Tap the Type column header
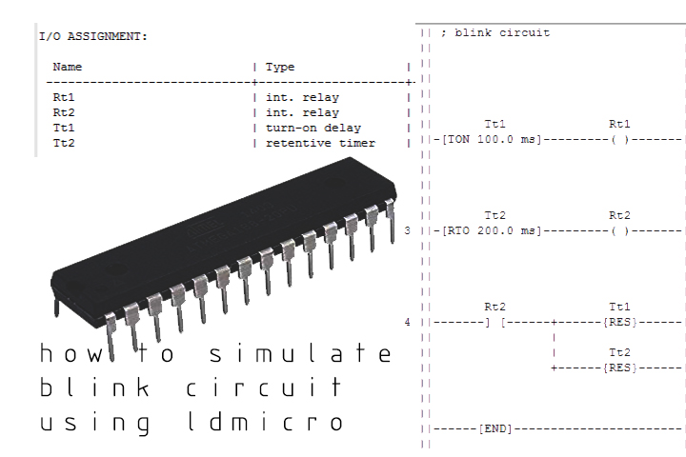(x=280, y=67)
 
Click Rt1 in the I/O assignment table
(x=63, y=97)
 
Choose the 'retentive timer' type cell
(x=319, y=143)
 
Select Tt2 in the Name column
(x=63, y=143)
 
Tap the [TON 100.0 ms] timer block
(x=494, y=140)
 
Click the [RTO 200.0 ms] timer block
(x=494, y=231)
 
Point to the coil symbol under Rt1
(x=619, y=140)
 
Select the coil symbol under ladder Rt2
(x=619, y=231)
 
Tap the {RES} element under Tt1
(x=619, y=323)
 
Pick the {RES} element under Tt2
(x=619, y=368)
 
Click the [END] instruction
(x=494, y=429)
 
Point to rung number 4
(x=408, y=323)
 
